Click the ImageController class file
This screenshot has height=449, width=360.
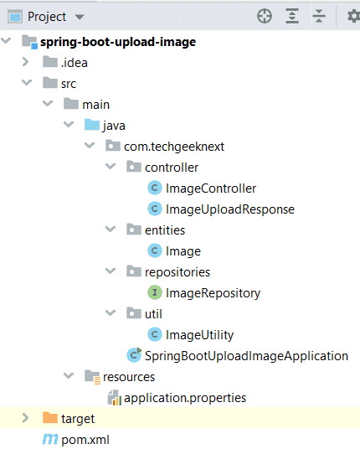click(x=211, y=188)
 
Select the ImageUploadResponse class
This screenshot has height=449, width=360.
click(x=230, y=209)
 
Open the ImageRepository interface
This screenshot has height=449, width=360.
click(x=213, y=293)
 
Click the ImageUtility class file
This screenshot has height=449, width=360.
click(x=200, y=335)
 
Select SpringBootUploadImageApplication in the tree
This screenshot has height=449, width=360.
click(x=246, y=356)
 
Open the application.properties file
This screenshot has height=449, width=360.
click(x=185, y=398)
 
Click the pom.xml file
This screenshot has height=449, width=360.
click(x=85, y=440)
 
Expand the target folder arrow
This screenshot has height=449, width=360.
click(x=25, y=418)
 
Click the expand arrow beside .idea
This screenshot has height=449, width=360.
click(x=25, y=62)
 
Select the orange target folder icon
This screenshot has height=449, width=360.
click(x=50, y=418)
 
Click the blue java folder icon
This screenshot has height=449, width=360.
click(x=92, y=125)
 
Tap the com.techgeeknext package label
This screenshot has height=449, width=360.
click(x=174, y=147)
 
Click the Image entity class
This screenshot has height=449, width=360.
click(x=183, y=251)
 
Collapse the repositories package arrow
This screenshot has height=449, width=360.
click(x=111, y=271)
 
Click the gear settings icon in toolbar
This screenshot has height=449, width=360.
click(x=353, y=16)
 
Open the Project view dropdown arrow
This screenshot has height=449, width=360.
click(x=80, y=18)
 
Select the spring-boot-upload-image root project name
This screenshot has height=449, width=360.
click(x=118, y=42)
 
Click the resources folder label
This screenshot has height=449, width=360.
click(x=129, y=377)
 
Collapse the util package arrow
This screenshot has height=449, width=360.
click(x=111, y=312)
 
